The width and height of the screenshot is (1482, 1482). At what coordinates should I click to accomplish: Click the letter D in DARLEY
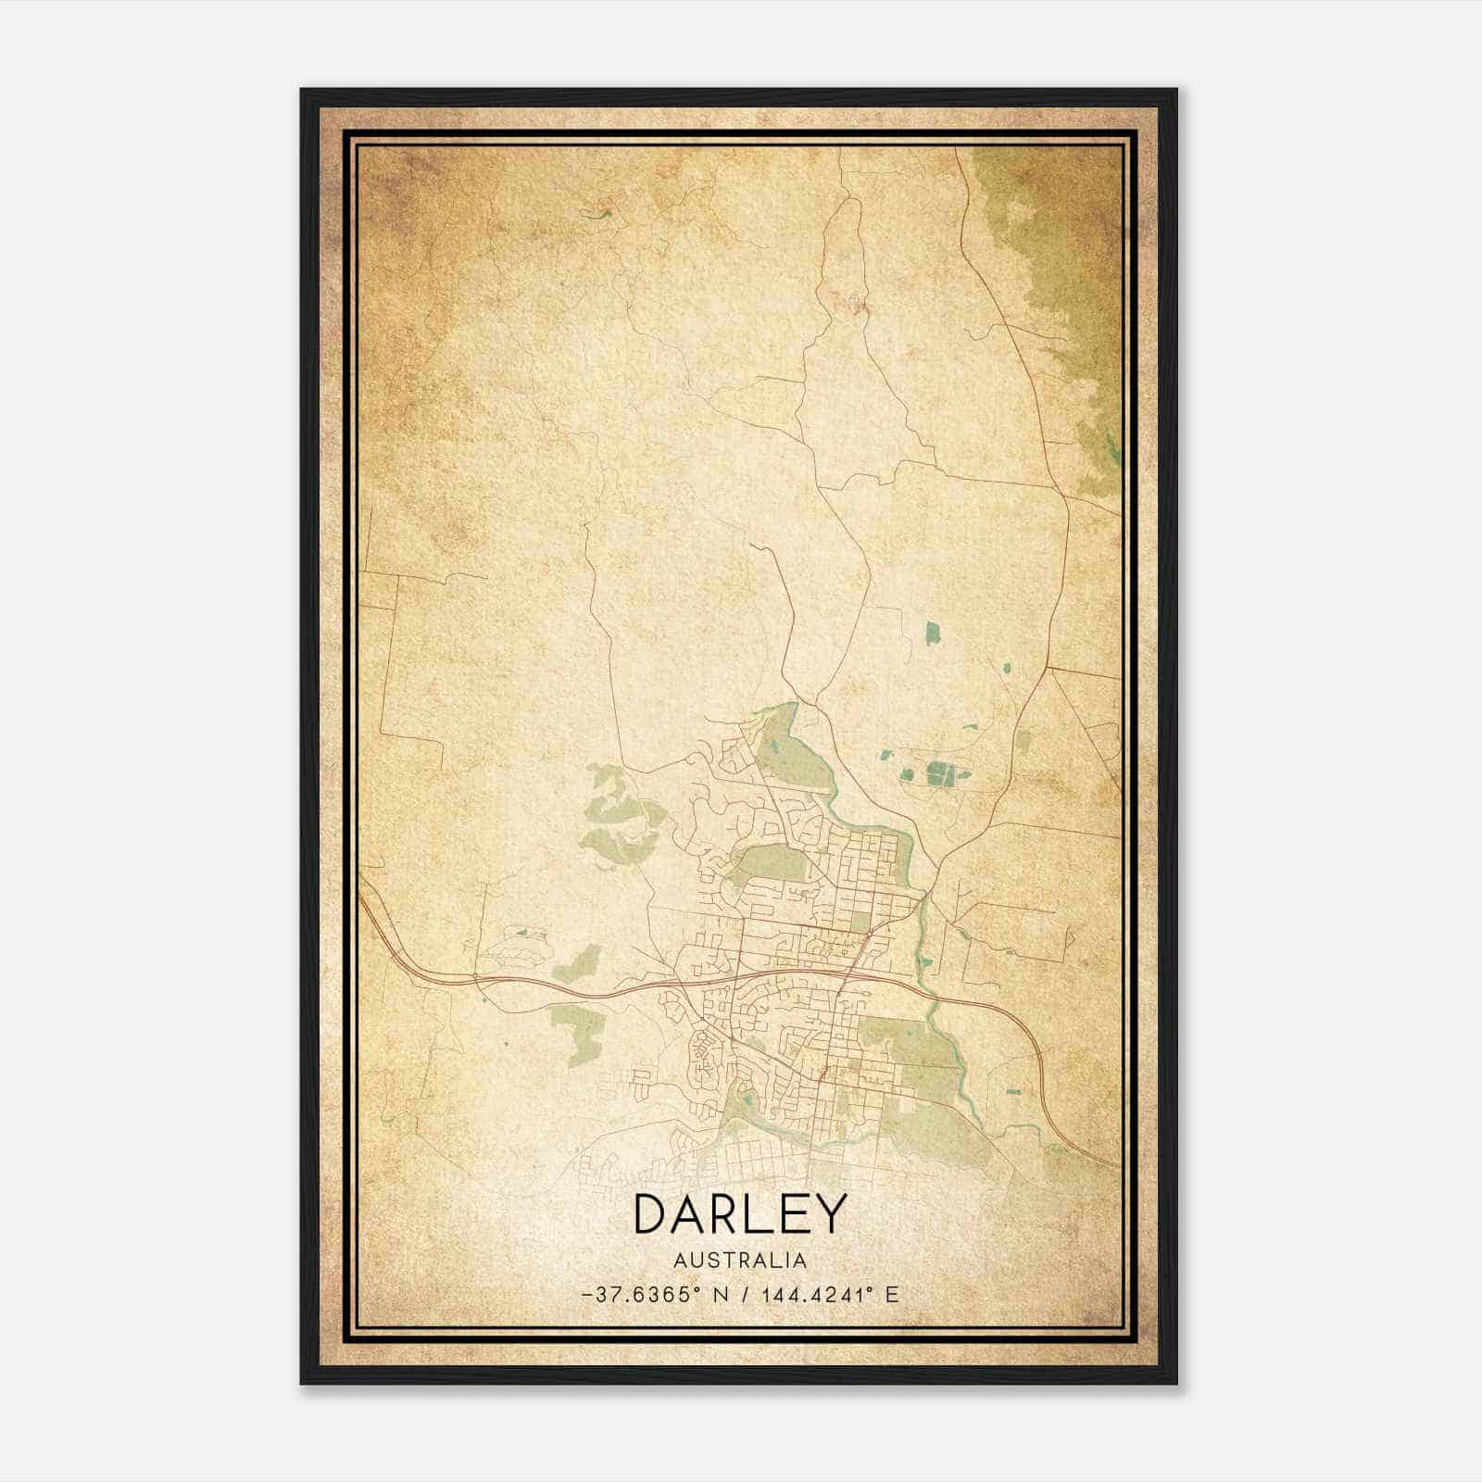point(653,1214)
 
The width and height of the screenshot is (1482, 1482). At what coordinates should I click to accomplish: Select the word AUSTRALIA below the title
point(740,1261)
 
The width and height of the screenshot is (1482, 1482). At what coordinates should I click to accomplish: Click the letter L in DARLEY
point(747,1214)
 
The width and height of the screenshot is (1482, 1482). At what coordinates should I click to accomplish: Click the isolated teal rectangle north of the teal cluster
point(932,634)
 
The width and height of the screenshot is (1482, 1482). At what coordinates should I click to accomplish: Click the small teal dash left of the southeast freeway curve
point(1012,1093)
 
